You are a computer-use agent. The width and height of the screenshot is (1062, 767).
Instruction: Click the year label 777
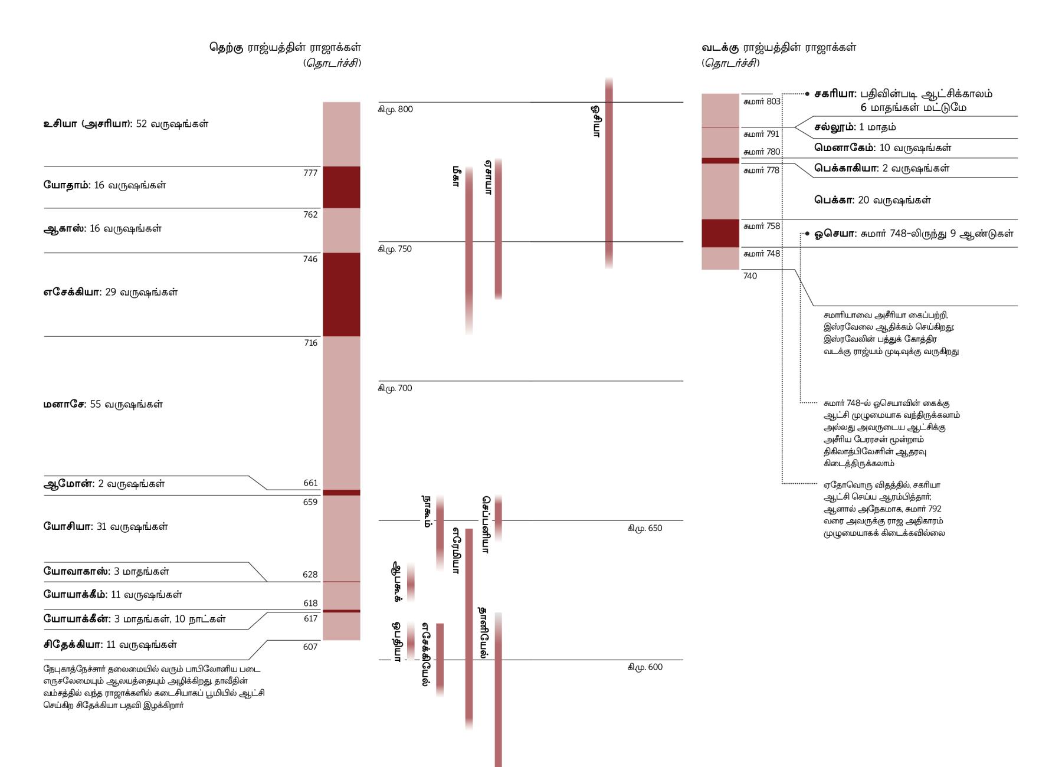pyautogui.click(x=310, y=173)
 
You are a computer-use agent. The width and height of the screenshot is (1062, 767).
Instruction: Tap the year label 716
pyautogui.click(x=310, y=343)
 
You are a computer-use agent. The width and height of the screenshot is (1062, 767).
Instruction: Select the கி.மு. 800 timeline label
pyautogui.click(x=395, y=109)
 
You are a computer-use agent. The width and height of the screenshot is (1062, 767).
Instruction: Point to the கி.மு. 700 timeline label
pyautogui.click(x=395, y=388)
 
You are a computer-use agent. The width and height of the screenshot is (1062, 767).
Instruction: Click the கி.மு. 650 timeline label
pyautogui.click(x=645, y=528)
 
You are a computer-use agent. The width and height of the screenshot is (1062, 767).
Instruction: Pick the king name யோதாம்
pyautogui.click(x=67, y=185)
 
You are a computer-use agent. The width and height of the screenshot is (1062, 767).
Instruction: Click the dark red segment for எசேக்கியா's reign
pyautogui.click(x=341, y=294)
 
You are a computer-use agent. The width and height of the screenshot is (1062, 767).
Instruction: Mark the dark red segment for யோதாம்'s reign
pyautogui.click(x=341, y=187)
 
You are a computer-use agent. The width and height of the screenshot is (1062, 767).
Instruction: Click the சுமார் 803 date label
pyautogui.click(x=762, y=101)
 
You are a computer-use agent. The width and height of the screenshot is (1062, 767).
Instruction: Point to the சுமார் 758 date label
pyautogui.click(x=762, y=226)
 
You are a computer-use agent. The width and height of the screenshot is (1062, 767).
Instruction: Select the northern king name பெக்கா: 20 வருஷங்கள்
pyautogui.click(x=872, y=200)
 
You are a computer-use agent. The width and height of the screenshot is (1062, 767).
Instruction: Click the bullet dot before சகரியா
pyautogui.click(x=807, y=94)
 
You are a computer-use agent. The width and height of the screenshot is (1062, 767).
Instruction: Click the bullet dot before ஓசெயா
pyautogui.click(x=807, y=234)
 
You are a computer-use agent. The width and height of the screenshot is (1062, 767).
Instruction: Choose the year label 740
pyautogui.click(x=750, y=276)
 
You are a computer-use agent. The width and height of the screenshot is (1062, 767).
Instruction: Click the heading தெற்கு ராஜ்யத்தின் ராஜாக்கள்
pyautogui.click(x=285, y=47)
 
